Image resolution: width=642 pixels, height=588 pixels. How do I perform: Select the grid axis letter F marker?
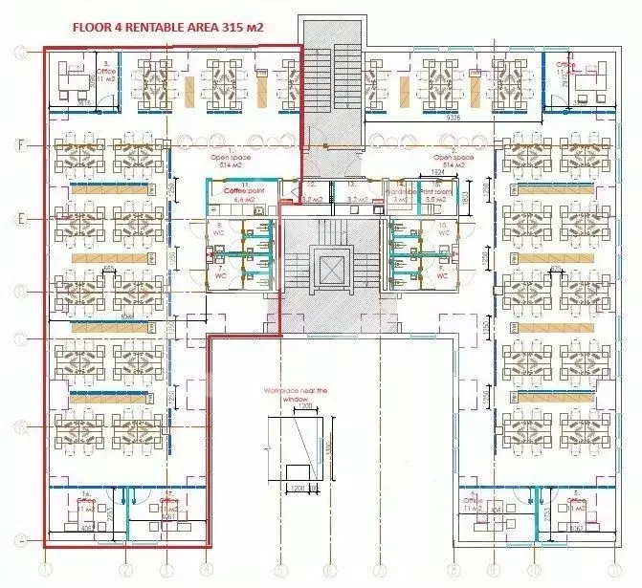[x=19, y=145]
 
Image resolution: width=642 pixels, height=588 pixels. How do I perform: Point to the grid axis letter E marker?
[x=19, y=219]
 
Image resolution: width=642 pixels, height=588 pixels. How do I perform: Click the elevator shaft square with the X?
[x=329, y=269]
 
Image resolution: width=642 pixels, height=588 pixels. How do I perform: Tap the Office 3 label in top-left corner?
[x=108, y=66]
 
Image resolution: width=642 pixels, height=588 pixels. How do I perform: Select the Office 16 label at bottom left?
[x=85, y=500]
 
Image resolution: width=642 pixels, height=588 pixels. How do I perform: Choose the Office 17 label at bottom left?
[x=168, y=500]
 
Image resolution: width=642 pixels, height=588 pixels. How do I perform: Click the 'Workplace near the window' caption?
[x=296, y=395]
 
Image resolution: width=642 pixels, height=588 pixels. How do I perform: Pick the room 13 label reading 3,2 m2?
[x=353, y=190]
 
